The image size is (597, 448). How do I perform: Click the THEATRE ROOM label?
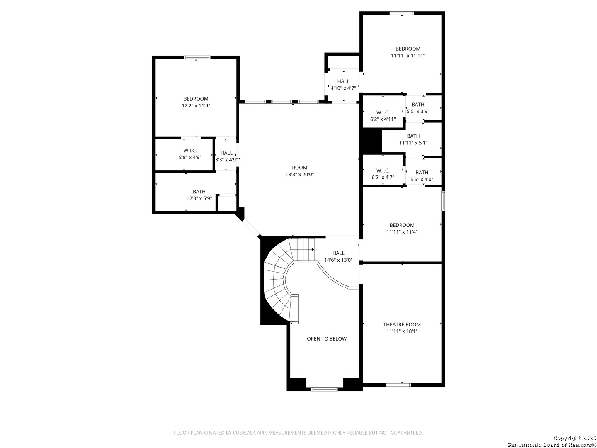(x=402, y=324)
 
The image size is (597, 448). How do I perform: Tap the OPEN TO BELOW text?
(x=326, y=338)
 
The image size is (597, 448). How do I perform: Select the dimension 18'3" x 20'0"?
(x=299, y=174)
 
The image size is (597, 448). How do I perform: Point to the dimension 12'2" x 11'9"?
(x=196, y=105)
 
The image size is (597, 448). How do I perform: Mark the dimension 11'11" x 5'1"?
(x=413, y=143)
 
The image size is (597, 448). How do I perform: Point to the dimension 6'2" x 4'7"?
(x=383, y=178)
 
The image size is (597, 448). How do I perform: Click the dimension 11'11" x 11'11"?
(x=408, y=56)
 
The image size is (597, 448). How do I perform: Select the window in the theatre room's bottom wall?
(x=398, y=385)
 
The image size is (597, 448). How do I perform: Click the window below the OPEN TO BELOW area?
(x=324, y=389)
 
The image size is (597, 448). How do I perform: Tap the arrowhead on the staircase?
(x=313, y=249)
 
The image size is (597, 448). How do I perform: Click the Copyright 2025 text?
(x=574, y=438)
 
